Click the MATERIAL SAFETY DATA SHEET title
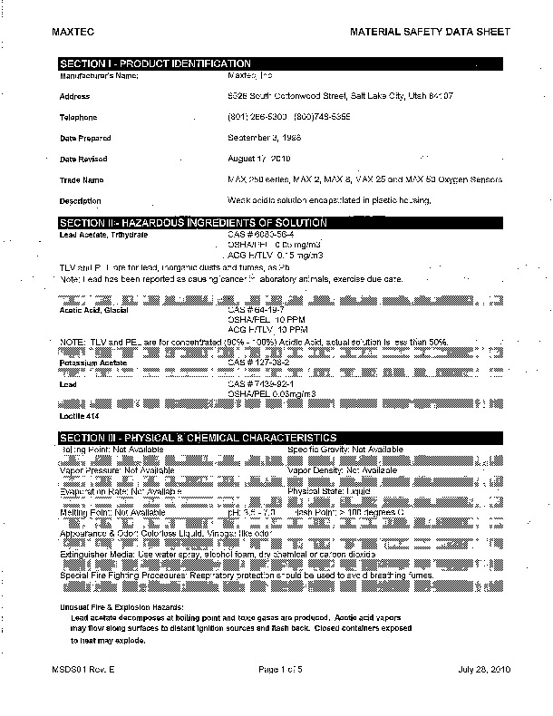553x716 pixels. click(431, 32)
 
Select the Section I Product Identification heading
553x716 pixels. click(154, 63)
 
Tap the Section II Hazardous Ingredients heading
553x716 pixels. click(192, 223)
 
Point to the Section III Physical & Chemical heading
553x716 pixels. click(198, 438)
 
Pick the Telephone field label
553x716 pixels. click(78, 118)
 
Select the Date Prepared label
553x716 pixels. click(85, 139)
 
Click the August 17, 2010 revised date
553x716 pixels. click(264, 159)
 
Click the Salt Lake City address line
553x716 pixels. click(340, 96)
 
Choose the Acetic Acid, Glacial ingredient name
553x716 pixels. click(94, 310)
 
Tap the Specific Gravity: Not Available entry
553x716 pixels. click(345, 450)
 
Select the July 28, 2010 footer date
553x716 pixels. click(485, 669)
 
